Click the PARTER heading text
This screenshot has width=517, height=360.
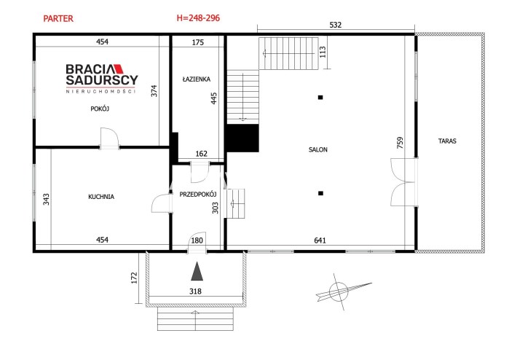click(58, 19)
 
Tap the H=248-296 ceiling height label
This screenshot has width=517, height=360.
click(198, 18)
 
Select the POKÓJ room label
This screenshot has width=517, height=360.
click(100, 109)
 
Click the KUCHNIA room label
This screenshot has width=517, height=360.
click(101, 197)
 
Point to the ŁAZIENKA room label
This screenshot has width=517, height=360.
click(197, 79)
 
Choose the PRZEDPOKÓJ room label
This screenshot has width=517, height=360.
click(198, 195)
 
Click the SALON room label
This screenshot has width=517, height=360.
click(318, 149)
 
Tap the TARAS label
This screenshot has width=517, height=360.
click(447, 141)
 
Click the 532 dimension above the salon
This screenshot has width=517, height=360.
click(336, 25)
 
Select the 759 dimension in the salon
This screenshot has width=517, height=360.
click(400, 143)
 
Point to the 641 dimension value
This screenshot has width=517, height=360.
click(320, 240)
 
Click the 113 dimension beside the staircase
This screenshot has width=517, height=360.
click(323, 52)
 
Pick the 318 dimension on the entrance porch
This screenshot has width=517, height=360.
click(196, 291)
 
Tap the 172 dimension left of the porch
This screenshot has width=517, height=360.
click(134, 278)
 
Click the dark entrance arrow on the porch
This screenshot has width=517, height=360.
click(197, 271)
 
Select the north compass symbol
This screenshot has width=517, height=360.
click(339, 291)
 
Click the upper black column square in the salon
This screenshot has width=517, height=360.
click(320, 98)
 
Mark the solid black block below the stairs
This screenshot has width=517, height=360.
click(242, 138)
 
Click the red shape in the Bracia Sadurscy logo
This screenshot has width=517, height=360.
click(119, 69)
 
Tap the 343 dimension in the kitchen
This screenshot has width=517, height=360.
click(46, 199)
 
